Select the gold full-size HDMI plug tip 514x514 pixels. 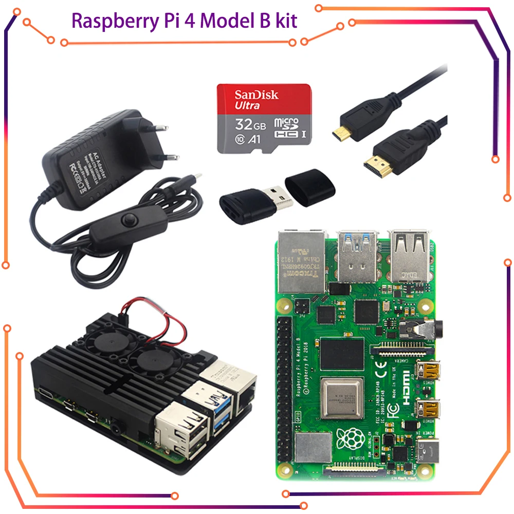pos(374,166)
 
